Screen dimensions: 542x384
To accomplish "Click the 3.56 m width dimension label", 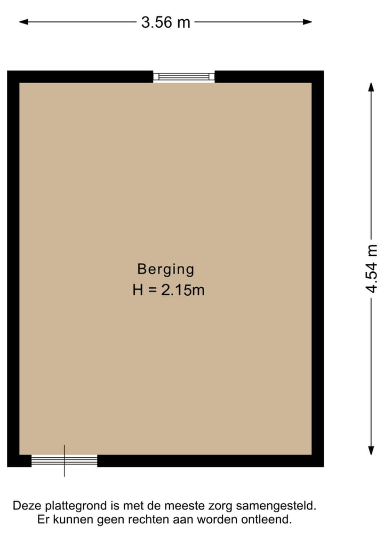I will [x=166, y=22].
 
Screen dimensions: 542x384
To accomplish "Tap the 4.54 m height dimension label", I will [x=372, y=270].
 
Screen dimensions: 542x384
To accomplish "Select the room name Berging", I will [x=166, y=269].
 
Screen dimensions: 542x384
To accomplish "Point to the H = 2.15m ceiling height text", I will [x=169, y=290].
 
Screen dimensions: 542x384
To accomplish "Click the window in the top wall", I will [x=184, y=77].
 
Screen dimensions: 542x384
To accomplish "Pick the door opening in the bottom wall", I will [x=65, y=460].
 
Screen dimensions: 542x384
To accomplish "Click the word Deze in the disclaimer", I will [x=26, y=505].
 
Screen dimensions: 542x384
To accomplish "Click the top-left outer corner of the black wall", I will [x=8, y=71].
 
